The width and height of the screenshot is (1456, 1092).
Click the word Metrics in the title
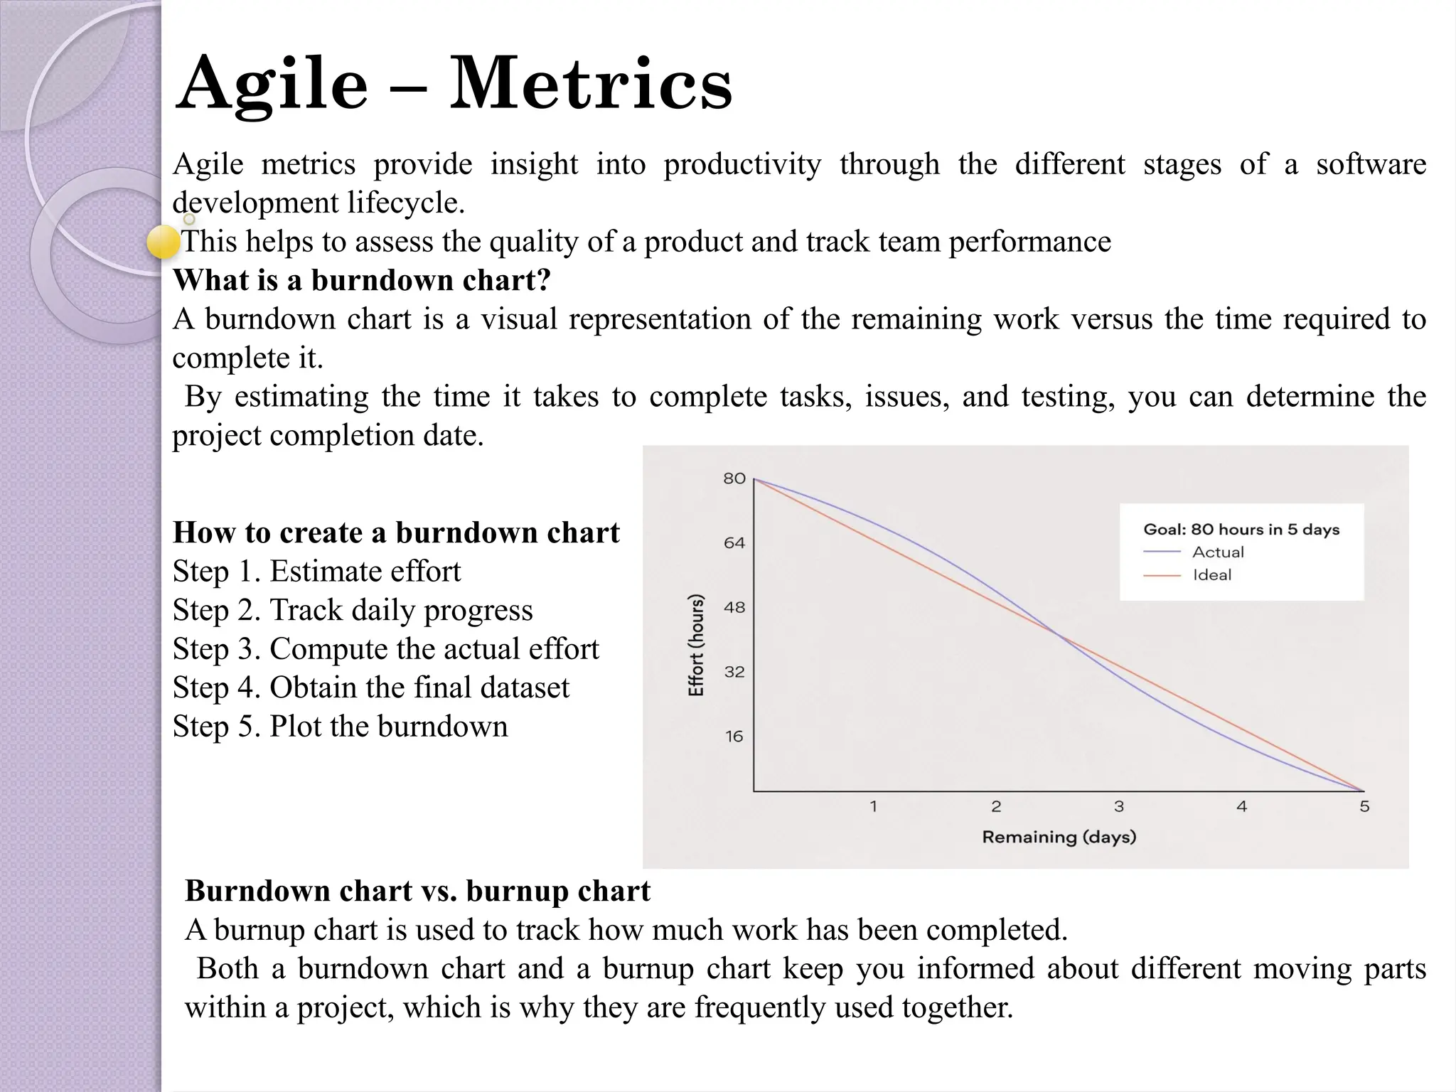[x=590, y=84]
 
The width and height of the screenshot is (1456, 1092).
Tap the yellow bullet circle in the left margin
[x=164, y=242]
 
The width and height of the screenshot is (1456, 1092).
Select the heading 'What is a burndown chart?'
[x=361, y=280]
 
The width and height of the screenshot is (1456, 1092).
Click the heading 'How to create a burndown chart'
[x=396, y=532]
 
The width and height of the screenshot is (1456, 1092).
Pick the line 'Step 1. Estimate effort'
[x=316, y=572]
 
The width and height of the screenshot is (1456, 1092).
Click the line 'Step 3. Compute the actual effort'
[x=385, y=649]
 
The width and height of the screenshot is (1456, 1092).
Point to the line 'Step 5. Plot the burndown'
[x=340, y=727]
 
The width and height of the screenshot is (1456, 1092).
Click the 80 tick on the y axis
[x=734, y=478]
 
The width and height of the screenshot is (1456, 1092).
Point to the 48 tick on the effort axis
[x=734, y=607]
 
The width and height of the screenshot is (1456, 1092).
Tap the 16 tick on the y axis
[x=734, y=737]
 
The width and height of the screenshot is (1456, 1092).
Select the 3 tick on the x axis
[x=1118, y=806]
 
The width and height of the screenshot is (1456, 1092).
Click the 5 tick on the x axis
[x=1364, y=806]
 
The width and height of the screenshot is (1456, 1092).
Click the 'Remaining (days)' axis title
[x=1059, y=837]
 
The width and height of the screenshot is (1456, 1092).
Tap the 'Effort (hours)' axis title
[x=696, y=644]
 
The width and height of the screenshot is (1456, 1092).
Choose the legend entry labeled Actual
[x=1218, y=552]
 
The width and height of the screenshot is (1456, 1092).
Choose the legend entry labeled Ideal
[x=1211, y=574]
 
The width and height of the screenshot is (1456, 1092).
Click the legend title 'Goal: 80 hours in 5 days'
[x=1241, y=529]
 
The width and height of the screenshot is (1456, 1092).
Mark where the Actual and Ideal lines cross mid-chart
[x=1059, y=635]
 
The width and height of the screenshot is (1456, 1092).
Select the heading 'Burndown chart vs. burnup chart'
[x=417, y=891]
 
